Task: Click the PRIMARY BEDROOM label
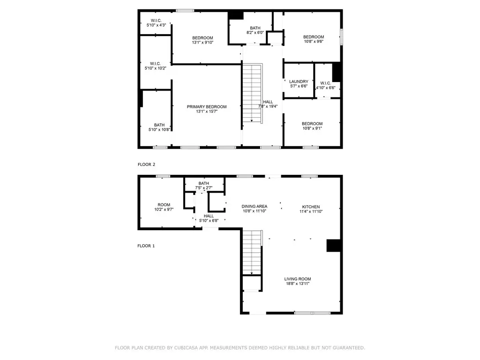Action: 207,107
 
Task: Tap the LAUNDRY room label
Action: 299,82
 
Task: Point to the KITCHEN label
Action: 311,207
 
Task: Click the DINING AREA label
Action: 255,206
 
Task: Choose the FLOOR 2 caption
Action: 146,165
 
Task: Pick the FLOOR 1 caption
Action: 146,246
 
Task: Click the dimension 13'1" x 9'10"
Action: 202,43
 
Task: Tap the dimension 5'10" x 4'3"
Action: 156,25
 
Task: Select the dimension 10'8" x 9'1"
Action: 312,128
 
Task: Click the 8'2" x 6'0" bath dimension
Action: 255,33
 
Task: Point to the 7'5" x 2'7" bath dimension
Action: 204,188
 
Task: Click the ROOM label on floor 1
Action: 164,205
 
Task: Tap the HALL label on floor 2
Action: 268,102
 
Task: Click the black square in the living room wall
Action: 334,246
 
